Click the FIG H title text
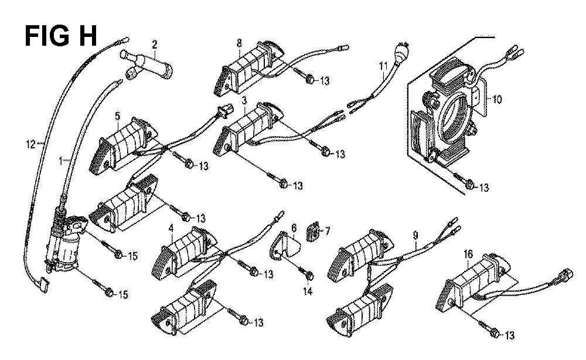tap(60, 36)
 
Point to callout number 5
tap(117, 116)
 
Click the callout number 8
tap(239, 43)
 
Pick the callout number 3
tap(243, 102)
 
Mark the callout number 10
tap(498, 100)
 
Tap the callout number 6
tap(294, 227)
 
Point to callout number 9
tap(415, 236)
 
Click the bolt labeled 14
tap(308, 274)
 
